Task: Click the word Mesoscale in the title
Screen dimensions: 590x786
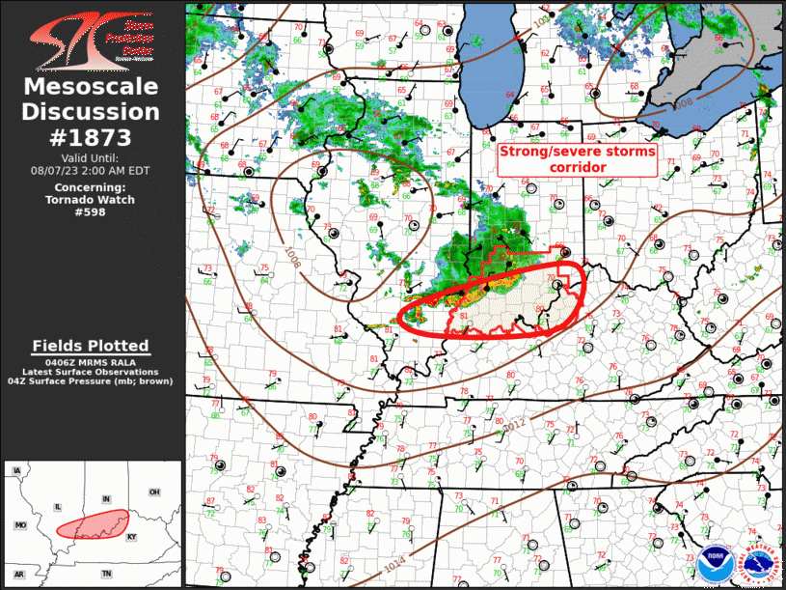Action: point(91,88)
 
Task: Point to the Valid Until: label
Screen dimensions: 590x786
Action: point(91,157)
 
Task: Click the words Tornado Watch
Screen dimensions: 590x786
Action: point(91,200)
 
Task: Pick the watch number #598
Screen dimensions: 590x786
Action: point(91,212)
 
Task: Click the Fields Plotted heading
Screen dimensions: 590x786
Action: point(91,346)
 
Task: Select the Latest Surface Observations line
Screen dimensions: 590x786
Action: point(91,373)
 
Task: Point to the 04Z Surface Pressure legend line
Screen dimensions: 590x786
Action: point(91,382)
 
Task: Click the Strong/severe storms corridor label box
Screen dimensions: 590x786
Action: point(577,159)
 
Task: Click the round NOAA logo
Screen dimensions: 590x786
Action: point(715,560)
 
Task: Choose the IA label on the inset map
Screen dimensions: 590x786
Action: point(16,471)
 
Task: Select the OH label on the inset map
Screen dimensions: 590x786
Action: point(154,492)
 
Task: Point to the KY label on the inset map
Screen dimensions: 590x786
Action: point(132,536)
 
